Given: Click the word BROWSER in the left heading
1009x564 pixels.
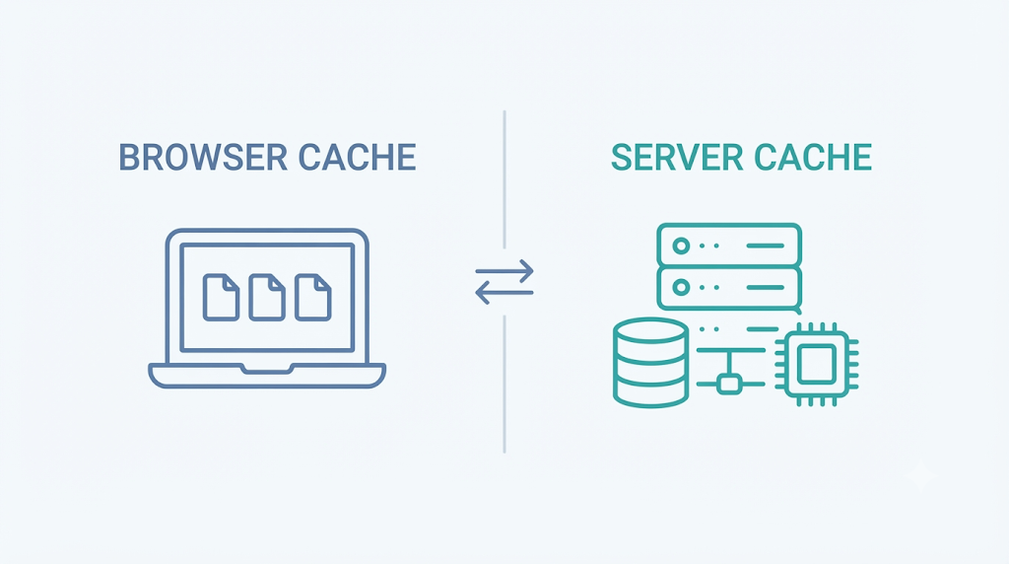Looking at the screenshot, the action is [x=203, y=157].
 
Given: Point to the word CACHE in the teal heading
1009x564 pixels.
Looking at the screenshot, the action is [x=813, y=157].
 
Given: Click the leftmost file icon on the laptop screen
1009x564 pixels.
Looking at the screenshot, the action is [x=221, y=297].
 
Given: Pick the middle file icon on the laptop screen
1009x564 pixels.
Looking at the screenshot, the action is [x=267, y=297].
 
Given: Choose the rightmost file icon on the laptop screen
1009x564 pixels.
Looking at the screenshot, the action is [x=313, y=297].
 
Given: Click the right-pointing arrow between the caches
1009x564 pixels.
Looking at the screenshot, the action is [x=504, y=272].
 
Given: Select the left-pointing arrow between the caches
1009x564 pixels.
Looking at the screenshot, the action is [x=504, y=293].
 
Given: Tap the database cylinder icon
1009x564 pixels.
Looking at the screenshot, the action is [x=650, y=363].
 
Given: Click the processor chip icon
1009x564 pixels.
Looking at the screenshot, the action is [x=817, y=364].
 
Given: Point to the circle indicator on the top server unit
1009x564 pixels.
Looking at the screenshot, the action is [x=681, y=246].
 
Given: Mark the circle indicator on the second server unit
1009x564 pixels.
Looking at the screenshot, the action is [x=681, y=287].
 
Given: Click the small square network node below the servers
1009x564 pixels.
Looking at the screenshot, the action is [x=728, y=385].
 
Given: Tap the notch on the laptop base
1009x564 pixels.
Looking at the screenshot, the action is [x=267, y=368].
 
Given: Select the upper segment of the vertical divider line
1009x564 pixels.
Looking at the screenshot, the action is [x=504, y=179].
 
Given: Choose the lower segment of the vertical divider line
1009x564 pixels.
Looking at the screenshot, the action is [x=504, y=384].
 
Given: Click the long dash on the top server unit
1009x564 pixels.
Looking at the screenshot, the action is [x=765, y=246].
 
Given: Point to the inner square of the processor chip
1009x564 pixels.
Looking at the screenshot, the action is [x=817, y=364].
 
